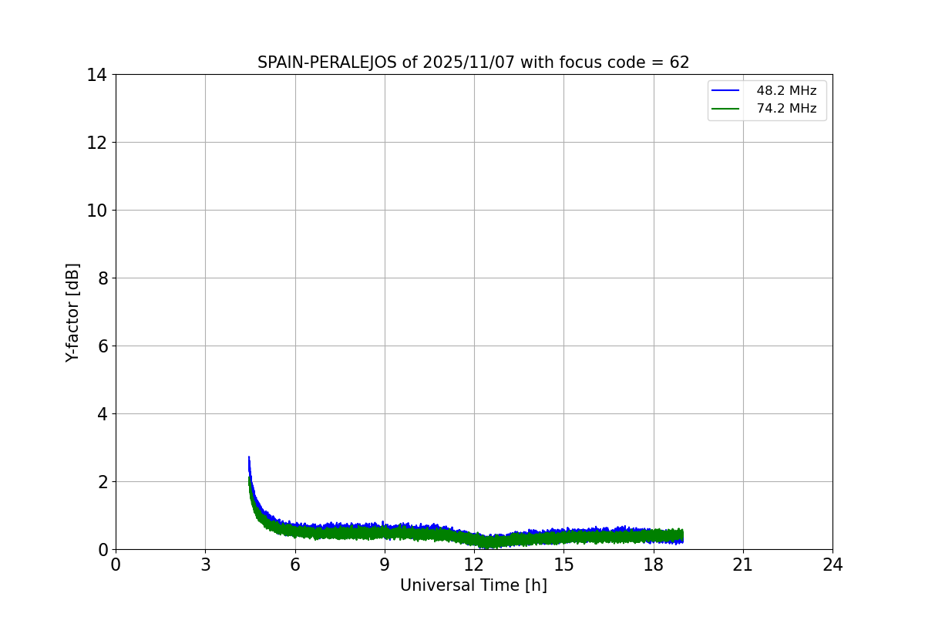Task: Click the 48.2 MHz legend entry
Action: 786,91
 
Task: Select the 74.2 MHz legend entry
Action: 786,109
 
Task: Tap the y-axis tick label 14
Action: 97,75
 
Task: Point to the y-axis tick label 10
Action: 97,211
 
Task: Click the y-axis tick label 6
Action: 102,346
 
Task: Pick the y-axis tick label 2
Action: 102,482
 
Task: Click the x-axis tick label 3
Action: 205,565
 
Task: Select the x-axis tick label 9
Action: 385,565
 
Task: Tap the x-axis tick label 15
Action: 563,565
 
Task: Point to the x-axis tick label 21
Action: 743,565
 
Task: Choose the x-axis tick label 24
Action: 832,565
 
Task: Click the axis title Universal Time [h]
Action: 473,586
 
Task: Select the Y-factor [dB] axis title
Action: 73,312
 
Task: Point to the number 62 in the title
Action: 680,63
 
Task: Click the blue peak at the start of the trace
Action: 249,457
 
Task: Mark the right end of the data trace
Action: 682,535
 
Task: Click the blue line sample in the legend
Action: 725,91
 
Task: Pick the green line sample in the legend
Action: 725,109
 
